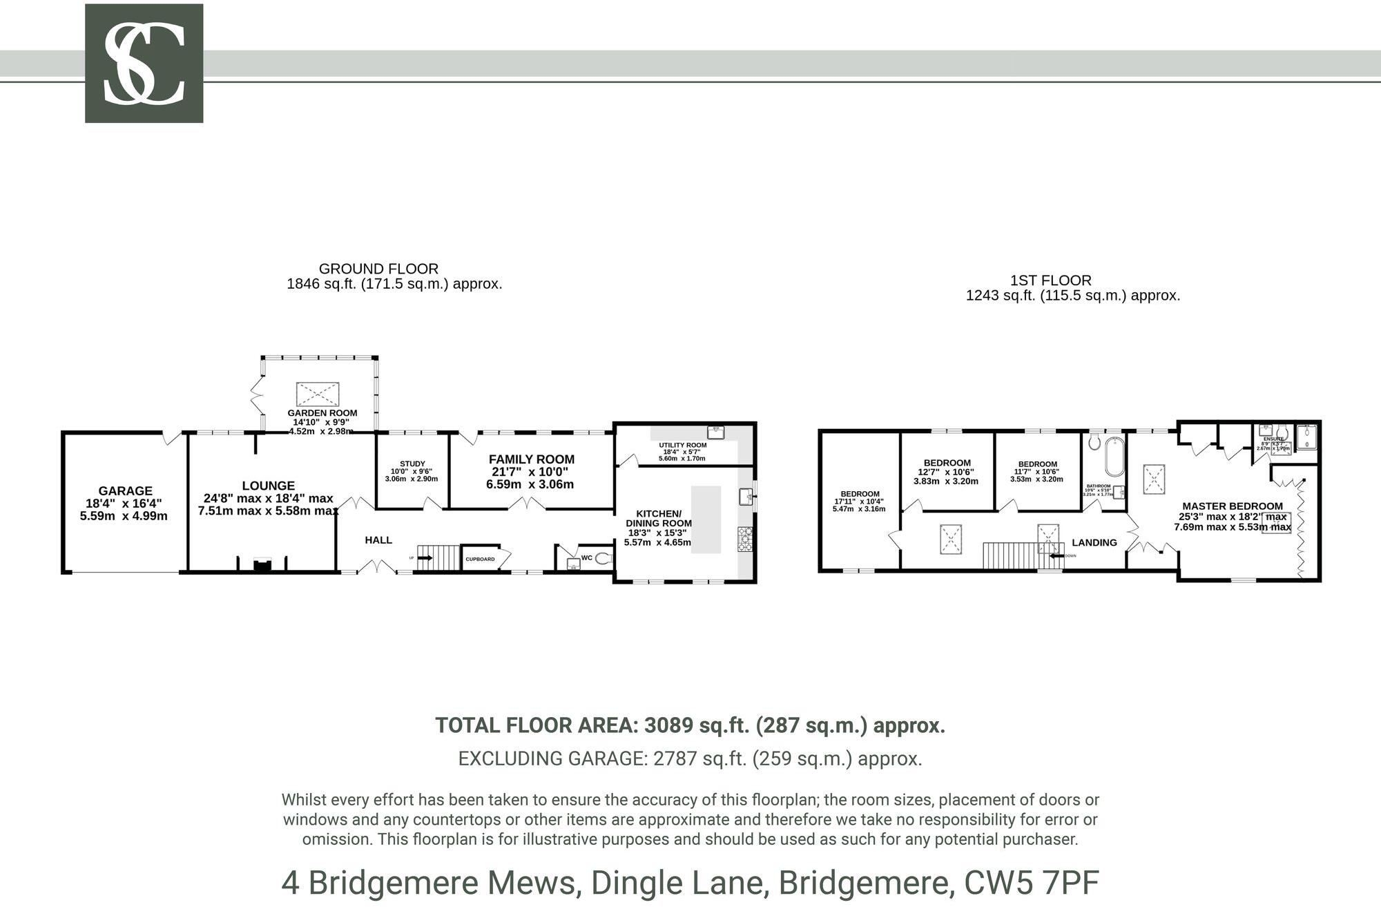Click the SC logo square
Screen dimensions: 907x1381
tap(144, 63)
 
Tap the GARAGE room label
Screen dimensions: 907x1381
tap(125, 491)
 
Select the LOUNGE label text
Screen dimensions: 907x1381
tap(268, 486)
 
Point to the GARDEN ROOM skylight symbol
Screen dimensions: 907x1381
tap(318, 394)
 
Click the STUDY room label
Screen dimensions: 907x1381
tap(412, 464)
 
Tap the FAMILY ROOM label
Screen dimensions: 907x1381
tap(531, 459)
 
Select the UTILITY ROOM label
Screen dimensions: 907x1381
tap(682, 446)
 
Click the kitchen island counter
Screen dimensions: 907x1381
tap(706, 519)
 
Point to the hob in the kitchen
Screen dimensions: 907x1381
tap(745, 539)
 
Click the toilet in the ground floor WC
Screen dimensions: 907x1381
tap(603, 558)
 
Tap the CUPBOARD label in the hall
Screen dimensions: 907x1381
tap(480, 559)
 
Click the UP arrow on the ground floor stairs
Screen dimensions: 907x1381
tap(423, 557)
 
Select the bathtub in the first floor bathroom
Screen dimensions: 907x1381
tap(1114, 456)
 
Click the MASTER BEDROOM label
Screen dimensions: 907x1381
tap(1232, 506)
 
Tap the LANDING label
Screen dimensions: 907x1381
tap(1094, 542)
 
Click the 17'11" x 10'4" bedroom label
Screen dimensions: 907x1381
tap(860, 494)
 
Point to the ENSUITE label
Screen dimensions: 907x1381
tap(1273, 439)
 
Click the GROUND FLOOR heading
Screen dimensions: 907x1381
tap(378, 269)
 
